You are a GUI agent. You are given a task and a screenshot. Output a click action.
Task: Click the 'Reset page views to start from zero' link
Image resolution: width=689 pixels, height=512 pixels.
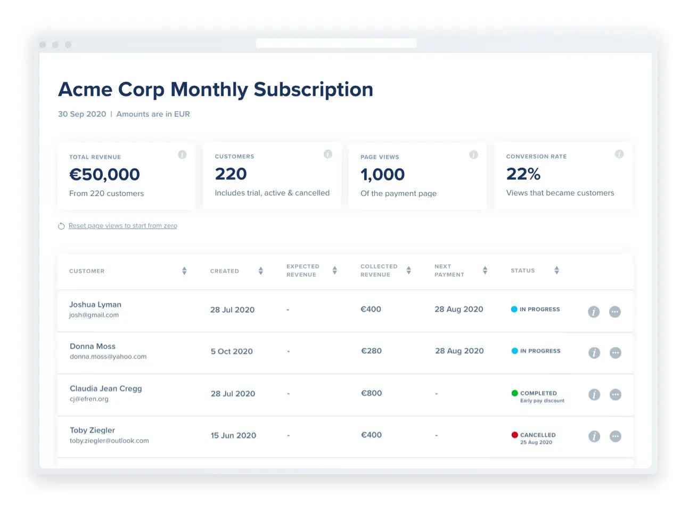[x=122, y=226]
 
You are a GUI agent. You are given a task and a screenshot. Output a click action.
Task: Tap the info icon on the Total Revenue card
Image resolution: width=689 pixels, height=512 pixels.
[x=182, y=155]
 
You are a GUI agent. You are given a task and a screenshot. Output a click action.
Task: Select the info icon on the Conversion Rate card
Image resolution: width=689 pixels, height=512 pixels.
[x=619, y=154]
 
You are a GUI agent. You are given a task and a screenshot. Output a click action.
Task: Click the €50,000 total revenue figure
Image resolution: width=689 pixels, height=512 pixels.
[x=105, y=174]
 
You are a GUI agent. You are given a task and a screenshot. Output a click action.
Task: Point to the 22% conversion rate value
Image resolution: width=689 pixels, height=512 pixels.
[x=523, y=174]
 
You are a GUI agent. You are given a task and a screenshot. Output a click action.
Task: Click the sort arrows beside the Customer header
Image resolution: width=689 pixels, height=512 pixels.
[x=185, y=271]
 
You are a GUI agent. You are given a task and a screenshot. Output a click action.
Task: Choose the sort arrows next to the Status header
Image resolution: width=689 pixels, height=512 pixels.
[x=556, y=270]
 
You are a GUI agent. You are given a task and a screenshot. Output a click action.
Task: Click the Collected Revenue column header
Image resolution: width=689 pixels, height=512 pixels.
[x=379, y=271]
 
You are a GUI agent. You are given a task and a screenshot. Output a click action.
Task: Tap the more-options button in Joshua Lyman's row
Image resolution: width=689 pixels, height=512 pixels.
[x=615, y=312]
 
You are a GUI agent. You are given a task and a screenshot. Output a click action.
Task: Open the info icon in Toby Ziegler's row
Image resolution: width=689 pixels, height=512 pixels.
[x=594, y=436]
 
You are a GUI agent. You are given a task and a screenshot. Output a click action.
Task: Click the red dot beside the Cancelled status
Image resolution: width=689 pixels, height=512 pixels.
[x=515, y=435]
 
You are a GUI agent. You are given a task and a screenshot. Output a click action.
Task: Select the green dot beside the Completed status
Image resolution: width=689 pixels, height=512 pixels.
[x=515, y=393]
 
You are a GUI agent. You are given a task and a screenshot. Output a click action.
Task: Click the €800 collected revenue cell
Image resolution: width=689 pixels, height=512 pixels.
[x=372, y=393]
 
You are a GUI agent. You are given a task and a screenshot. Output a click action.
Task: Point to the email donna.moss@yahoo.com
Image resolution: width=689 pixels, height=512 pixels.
[x=108, y=356]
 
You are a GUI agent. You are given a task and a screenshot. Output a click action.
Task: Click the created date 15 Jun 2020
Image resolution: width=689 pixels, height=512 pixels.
[x=233, y=435]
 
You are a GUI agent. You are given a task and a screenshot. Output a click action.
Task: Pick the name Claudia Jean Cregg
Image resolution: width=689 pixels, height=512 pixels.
[x=106, y=389]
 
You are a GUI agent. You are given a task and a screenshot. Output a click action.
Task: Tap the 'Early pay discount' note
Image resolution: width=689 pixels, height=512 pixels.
[x=543, y=401]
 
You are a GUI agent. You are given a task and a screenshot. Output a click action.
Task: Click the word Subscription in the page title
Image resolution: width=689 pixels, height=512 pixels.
[x=314, y=90]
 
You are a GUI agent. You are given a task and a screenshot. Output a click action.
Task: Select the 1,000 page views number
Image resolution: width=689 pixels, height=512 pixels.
[x=383, y=174]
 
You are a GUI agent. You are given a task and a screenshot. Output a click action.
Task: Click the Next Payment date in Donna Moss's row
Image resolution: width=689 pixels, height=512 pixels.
[x=460, y=351]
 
